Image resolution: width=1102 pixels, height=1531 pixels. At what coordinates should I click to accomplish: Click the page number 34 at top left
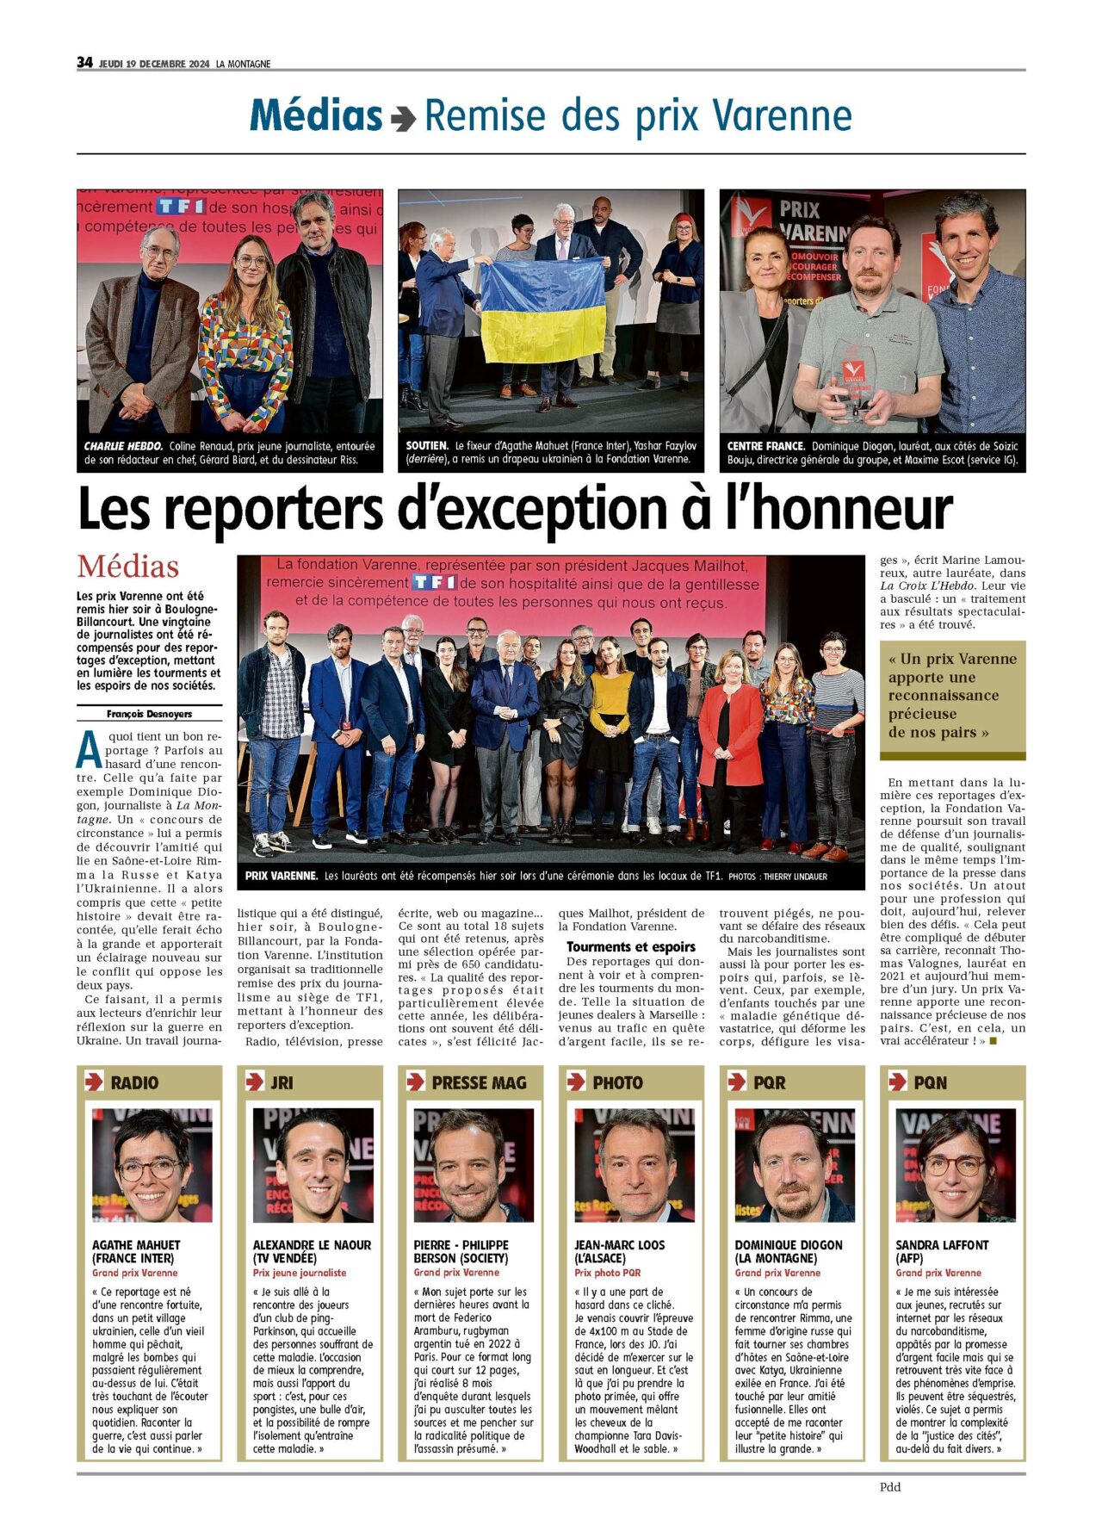pyautogui.click(x=84, y=62)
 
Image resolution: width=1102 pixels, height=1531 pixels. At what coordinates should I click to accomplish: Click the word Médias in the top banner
pyautogui.click(x=316, y=115)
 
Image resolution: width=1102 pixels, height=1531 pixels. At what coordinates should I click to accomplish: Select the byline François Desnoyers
pyautogui.click(x=149, y=714)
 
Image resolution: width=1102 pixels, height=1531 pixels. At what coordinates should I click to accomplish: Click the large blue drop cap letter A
pyautogui.click(x=89, y=750)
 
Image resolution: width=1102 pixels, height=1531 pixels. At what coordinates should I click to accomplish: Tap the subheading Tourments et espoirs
pyautogui.click(x=631, y=946)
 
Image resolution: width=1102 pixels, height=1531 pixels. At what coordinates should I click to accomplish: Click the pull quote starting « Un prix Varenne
pyautogui.click(x=952, y=696)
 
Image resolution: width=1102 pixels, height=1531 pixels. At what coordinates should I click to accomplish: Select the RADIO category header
pyautogui.click(x=134, y=1082)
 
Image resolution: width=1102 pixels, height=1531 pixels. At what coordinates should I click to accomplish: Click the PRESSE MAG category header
pyautogui.click(x=479, y=1082)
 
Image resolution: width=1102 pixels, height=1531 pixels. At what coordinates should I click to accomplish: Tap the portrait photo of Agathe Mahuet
pyautogui.click(x=152, y=1165)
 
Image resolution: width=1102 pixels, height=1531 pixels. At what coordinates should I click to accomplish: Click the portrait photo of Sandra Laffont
pyautogui.click(x=956, y=1165)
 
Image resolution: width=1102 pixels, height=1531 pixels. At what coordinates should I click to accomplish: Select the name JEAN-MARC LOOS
pyautogui.click(x=619, y=1245)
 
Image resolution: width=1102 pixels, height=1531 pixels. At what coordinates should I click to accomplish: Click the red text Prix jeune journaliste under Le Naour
pyautogui.click(x=300, y=1273)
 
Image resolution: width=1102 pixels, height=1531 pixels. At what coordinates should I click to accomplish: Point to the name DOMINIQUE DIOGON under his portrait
pyautogui.click(x=789, y=1245)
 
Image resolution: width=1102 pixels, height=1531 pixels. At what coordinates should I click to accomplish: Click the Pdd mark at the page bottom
pyautogui.click(x=890, y=1487)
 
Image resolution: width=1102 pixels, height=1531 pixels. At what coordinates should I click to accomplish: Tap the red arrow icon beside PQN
pyautogui.click(x=897, y=1082)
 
